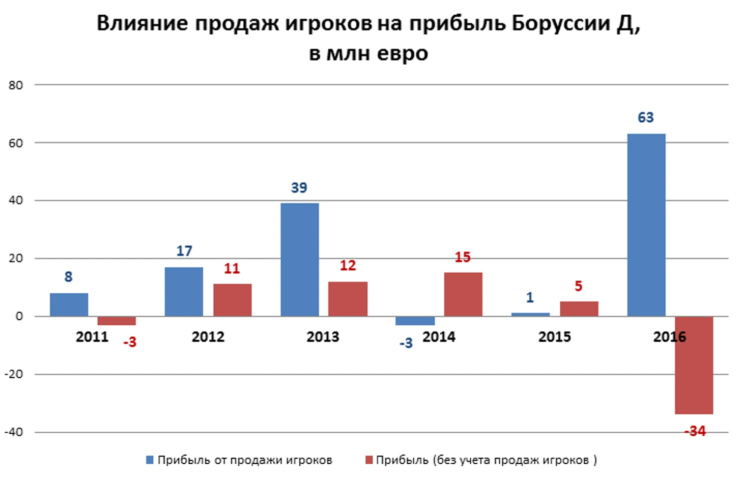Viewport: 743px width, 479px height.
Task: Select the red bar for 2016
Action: (x=694, y=365)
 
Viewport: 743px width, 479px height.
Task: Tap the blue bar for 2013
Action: (x=300, y=260)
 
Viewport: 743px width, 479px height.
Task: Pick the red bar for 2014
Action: (x=463, y=294)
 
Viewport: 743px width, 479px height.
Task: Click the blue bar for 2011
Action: (x=69, y=304)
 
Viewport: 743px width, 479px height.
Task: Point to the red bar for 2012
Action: (x=232, y=300)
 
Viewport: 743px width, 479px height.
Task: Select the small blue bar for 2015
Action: (x=530, y=315)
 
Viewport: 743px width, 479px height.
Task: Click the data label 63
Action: (x=645, y=118)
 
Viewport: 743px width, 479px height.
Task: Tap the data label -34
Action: (x=695, y=432)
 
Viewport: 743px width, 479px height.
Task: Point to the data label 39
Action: (x=299, y=188)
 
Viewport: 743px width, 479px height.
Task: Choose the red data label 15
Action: (x=462, y=258)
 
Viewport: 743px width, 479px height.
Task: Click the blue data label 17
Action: (x=184, y=251)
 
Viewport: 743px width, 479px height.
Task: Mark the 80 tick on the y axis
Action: (x=16, y=86)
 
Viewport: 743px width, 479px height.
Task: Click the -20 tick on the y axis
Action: (x=14, y=374)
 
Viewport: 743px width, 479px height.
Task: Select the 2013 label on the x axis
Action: (x=323, y=337)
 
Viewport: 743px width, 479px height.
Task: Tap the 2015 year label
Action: (x=554, y=337)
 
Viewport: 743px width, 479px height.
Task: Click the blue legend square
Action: (x=150, y=460)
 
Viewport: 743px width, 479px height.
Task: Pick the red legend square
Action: (x=369, y=460)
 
